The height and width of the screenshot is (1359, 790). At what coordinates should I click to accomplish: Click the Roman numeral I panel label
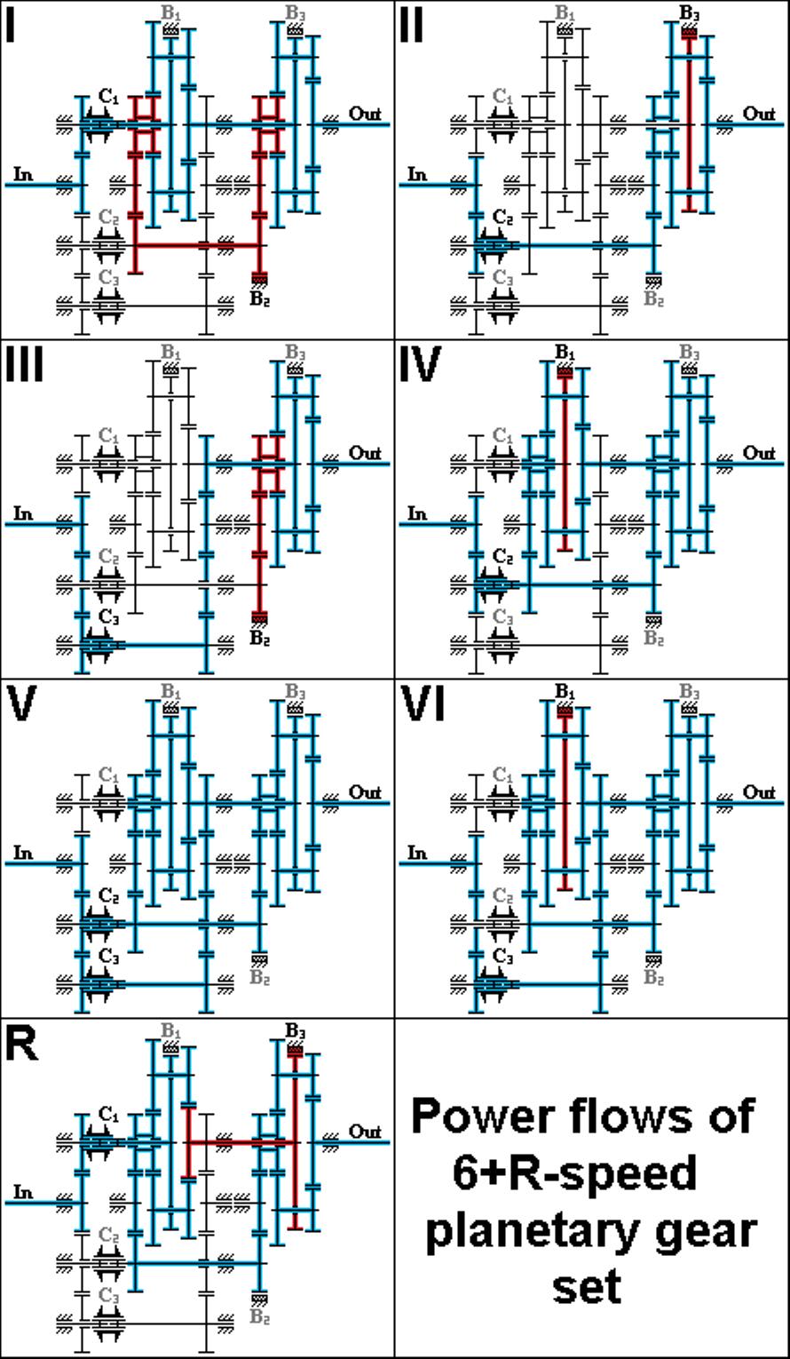coord(10,28)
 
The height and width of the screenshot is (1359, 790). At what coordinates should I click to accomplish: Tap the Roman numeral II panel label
coord(412,28)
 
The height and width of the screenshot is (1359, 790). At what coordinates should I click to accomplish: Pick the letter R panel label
coord(21,1045)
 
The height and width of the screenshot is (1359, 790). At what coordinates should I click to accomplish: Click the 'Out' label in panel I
coord(365,114)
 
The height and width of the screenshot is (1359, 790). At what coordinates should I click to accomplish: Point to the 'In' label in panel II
coord(416,175)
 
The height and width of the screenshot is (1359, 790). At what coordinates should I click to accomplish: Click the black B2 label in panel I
coord(259,299)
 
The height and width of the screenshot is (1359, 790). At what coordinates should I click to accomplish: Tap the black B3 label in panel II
coord(690,12)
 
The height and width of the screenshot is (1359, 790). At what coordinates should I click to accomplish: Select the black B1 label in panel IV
coord(565,352)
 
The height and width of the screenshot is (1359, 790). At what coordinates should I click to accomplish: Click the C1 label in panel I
coord(108,96)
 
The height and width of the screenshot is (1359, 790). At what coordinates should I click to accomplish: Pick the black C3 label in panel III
coord(108,617)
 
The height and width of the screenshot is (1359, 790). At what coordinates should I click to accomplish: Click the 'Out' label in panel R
coord(365,1132)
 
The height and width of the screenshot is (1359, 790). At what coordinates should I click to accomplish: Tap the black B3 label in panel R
coord(295,1030)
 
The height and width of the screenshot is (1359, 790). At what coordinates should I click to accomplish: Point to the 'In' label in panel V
coord(22,854)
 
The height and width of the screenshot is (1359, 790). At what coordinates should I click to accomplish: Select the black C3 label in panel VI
coord(502,956)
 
